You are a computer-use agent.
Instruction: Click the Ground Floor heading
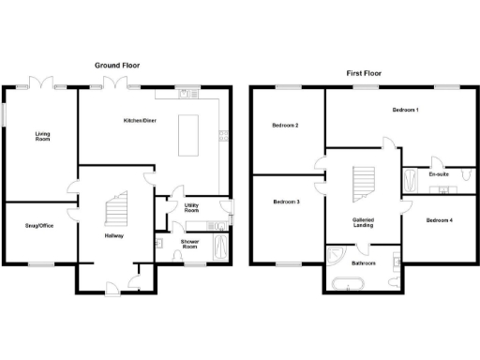click(x=117, y=65)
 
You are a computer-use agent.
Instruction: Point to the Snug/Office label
click(x=38, y=225)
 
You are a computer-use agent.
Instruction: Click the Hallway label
click(x=113, y=235)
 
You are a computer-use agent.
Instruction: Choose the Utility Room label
click(x=191, y=207)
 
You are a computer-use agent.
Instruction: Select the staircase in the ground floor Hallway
click(x=116, y=207)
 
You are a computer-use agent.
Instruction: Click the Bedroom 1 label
click(x=405, y=111)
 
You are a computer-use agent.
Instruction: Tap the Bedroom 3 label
click(x=286, y=202)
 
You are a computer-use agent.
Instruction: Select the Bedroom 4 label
click(x=439, y=220)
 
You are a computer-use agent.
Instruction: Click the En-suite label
click(x=438, y=174)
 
